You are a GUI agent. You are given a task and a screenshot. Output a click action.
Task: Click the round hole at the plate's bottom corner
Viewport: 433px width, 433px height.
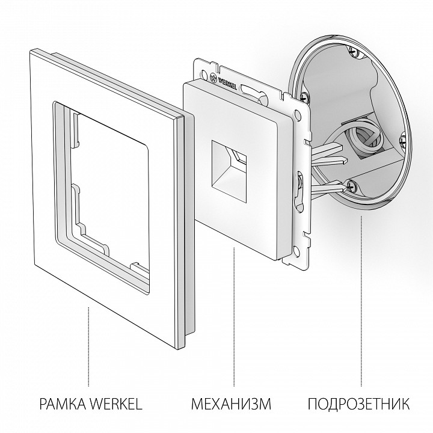click(296, 251)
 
